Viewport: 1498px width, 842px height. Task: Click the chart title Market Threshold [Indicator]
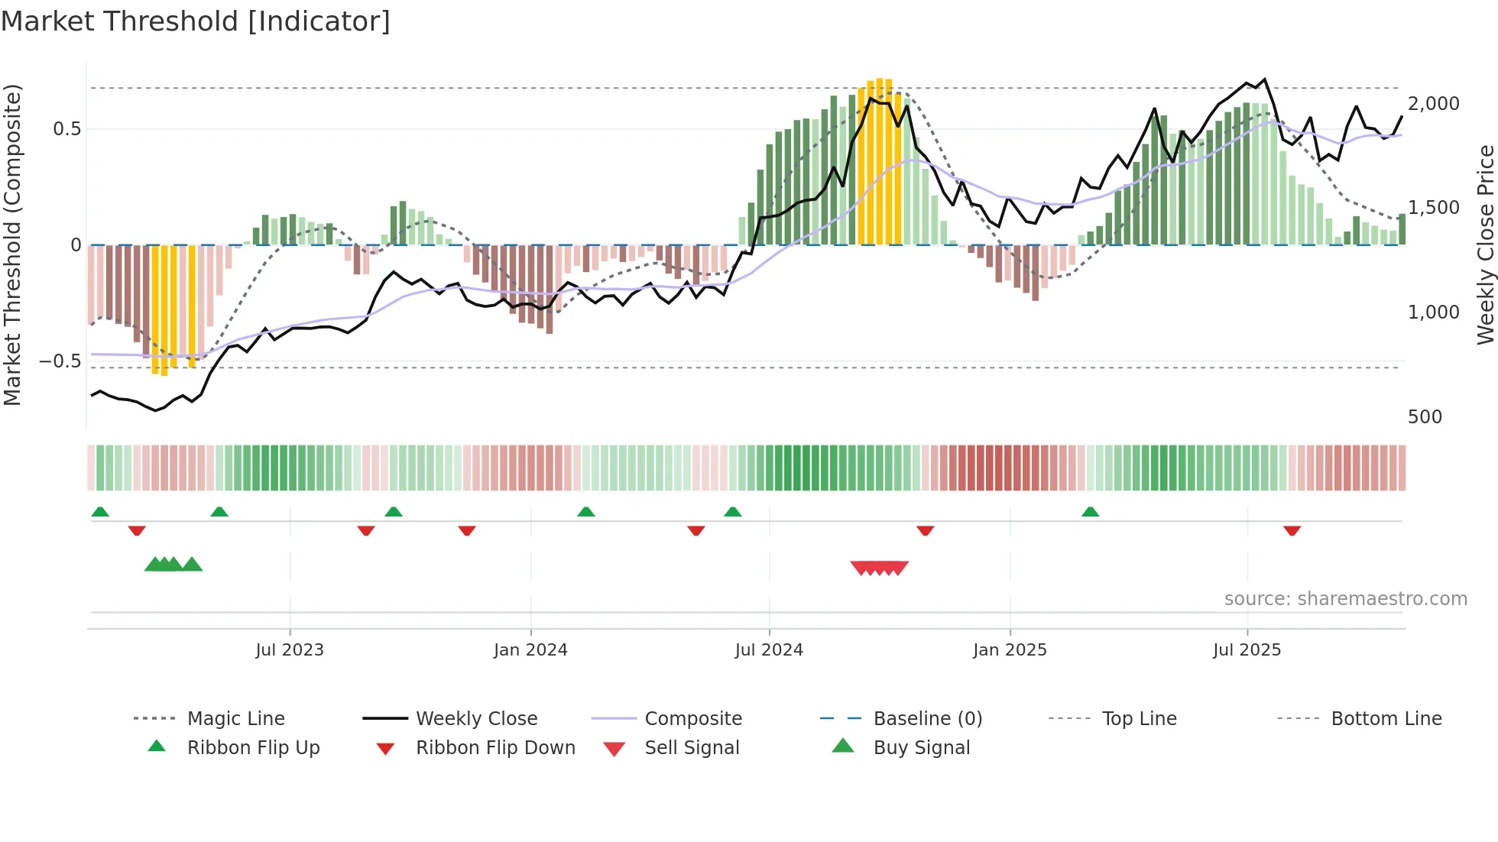[x=196, y=21]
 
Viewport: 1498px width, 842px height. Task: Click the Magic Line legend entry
[x=235, y=719]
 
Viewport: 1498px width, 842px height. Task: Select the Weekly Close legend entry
[x=476, y=719]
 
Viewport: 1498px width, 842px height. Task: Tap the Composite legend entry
[x=692, y=719]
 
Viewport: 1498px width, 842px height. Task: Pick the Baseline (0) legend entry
[x=927, y=719]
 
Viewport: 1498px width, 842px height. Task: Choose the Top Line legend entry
[x=1139, y=719]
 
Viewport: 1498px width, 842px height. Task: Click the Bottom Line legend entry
[x=1386, y=719]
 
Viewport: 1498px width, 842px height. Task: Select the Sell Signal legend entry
[x=691, y=748]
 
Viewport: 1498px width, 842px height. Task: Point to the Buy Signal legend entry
[x=921, y=748]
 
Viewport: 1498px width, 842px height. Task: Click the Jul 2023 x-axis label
[x=290, y=650]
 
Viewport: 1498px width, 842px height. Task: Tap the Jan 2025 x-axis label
[x=1010, y=650]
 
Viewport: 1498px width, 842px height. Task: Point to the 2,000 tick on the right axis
[x=1433, y=104]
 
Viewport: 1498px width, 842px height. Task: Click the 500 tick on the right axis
[x=1425, y=417]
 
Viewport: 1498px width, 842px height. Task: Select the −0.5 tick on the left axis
[x=60, y=361]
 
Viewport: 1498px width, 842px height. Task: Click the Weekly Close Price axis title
[x=1485, y=245]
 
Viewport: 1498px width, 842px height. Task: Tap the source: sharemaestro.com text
[x=1345, y=599]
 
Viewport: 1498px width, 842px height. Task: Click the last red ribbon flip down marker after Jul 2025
[x=1292, y=531]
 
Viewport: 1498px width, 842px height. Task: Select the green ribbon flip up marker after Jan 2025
[x=1090, y=512]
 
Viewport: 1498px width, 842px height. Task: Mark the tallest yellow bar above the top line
[x=880, y=160]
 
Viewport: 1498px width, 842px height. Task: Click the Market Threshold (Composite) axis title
[x=12, y=245]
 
